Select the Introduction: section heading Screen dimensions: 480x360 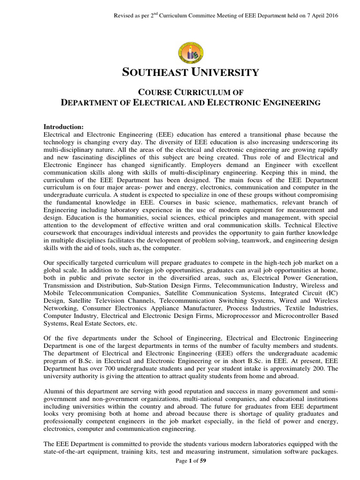click(63, 127)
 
